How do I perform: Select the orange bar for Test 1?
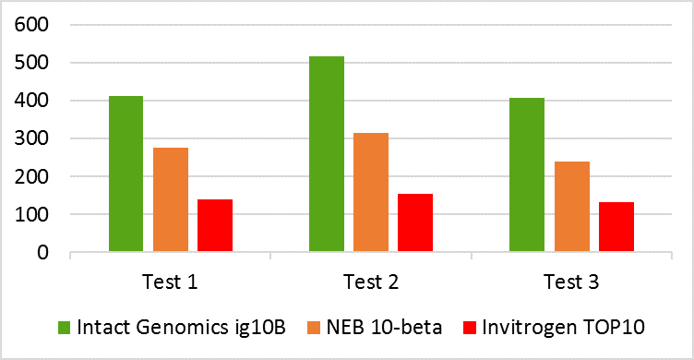(171, 199)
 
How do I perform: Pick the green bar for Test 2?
(327, 154)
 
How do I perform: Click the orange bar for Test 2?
(371, 192)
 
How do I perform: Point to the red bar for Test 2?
(415, 222)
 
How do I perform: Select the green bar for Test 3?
(527, 174)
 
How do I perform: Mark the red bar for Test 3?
(616, 226)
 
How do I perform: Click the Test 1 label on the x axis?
(170, 282)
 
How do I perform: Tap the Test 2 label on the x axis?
(370, 282)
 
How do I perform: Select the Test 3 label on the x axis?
(571, 282)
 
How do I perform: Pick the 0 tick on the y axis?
(42, 252)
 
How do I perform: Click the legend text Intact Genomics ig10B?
(156, 328)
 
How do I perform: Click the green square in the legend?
(64, 328)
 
